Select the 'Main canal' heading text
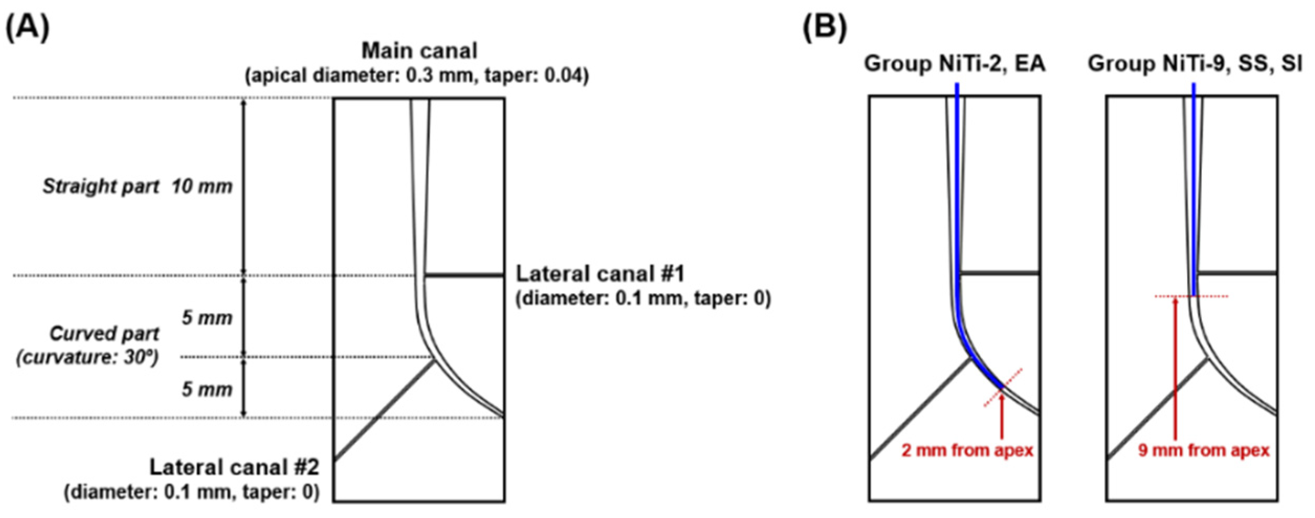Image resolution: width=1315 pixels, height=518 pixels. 419,51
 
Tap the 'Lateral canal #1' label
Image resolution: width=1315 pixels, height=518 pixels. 600,274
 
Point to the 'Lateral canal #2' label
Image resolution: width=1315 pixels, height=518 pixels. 234,467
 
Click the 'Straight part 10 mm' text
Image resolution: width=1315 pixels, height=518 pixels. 137,186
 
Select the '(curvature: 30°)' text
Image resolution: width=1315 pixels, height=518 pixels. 87,357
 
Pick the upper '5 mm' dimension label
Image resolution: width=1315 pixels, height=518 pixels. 207,318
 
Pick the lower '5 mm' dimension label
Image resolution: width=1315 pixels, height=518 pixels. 207,389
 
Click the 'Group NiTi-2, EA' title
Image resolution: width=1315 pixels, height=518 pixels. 954,63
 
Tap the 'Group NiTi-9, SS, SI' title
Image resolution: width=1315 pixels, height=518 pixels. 1195,63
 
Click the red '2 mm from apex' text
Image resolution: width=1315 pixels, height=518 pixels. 967,451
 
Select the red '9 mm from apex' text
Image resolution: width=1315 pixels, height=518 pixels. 1203,451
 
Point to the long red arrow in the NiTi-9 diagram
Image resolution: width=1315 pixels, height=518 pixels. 1175,366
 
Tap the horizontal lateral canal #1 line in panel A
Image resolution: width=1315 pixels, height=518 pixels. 464,275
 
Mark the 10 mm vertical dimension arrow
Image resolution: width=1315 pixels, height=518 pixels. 244,186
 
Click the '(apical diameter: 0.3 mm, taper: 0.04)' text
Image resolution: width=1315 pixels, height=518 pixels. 417,76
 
